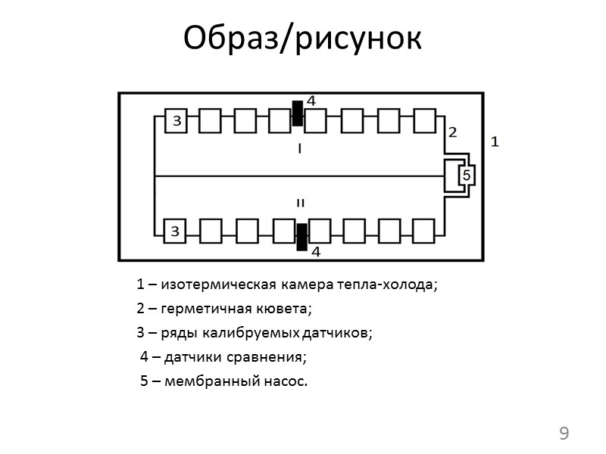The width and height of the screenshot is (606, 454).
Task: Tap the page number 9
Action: [563, 434]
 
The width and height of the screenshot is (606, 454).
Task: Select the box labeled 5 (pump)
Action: [466, 176]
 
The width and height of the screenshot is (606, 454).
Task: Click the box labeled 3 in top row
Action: [175, 120]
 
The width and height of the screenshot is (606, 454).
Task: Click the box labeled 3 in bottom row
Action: [175, 231]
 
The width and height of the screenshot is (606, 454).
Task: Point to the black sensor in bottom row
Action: [301, 237]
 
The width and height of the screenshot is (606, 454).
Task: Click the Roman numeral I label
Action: [300, 150]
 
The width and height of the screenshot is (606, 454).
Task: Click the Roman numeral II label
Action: [300, 203]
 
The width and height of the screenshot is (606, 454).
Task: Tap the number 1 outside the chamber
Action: [495, 141]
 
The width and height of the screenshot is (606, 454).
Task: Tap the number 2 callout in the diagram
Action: [452, 132]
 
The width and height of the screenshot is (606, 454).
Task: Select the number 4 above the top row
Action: [311, 101]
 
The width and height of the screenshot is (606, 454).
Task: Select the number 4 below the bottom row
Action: [315, 251]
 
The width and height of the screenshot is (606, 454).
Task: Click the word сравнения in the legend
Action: [274, 357]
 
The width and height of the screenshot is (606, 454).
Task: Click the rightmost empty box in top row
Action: [425, 120]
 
